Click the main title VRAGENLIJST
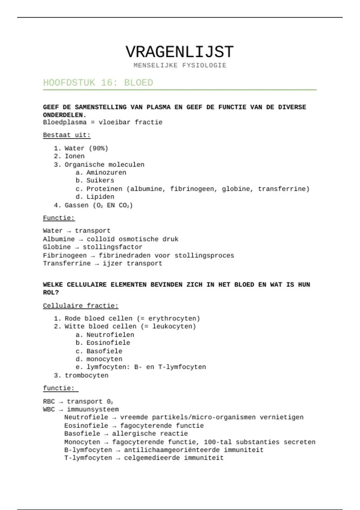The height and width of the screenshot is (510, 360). pyautogui.click(x=179, y=52)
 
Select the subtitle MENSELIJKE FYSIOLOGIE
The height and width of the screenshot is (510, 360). pyautogui.click(x=180, y=65)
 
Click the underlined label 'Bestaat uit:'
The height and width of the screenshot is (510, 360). pyautogui.click(x=67, y=135)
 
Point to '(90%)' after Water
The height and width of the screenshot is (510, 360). pyautogui.click(x=98, y=148)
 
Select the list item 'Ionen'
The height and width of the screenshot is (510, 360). pyautogui.click(x=75, y=156)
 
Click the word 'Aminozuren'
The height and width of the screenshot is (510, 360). pyautogui.click(x=106, y=172)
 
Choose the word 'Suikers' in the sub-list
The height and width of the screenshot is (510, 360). pyautogui.click(x=100, y=180)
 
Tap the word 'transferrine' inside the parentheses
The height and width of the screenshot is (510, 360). pyautogui.click(x=282, y=189)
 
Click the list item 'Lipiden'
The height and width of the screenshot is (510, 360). pyautogui.click(x=100, y=197)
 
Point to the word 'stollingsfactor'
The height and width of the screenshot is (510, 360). pyautogui.click(x=112, y=247)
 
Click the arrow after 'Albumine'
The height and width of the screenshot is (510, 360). pyautogui.click(x=81, y=239)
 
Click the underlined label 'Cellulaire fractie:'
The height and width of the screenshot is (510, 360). pyautogui.click(x=80, y=306)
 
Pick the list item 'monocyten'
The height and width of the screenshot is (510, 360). pyautogui.click(x=104, y=359)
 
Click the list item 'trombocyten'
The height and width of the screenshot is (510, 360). pyautogui.click(x=86, y=375)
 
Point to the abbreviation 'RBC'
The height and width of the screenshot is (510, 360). pyautogui.click(x=49, y=401)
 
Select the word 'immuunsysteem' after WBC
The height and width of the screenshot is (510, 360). pyautogui.click(x=93, y=409)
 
